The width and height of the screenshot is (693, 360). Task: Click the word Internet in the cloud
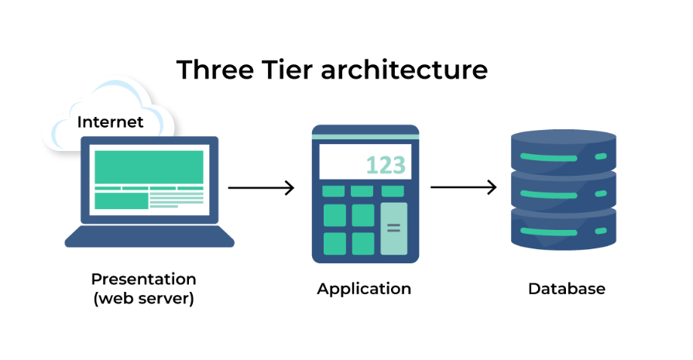coord(110,122)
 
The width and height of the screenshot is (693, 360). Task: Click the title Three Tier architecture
coord(331,70)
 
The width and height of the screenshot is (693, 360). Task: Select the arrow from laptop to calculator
coord(261,187)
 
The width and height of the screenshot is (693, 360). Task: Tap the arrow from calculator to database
coord(463,187)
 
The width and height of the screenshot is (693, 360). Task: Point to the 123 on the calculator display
coord(385,165)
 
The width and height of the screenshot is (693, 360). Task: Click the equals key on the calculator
coord(393,228)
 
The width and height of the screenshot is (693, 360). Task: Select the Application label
coord(364,289)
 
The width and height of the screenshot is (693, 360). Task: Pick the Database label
coord(566,289)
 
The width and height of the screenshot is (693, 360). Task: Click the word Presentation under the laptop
coord(143,279)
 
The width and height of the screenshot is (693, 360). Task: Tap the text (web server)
coord(143,298)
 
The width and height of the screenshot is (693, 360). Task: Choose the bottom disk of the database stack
coord(564,230)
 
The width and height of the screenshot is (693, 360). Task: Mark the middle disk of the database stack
coord(564,190)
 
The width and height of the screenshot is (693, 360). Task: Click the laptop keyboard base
coord(149,237)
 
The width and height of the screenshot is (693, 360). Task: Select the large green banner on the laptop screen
coord(149,166)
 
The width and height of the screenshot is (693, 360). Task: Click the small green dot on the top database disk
coord(600,156)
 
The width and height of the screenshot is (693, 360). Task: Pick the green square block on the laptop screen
coord(122,201)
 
